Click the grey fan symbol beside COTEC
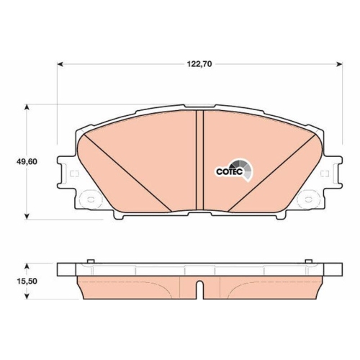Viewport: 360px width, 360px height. (247, 170)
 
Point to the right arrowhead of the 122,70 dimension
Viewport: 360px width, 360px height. (340, 64)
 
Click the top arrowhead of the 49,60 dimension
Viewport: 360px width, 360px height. (27, 107)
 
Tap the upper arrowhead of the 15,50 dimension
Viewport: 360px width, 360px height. (27, 264)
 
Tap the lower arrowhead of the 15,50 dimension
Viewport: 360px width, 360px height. (27, 296)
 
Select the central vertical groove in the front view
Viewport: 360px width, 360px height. (200, 163)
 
